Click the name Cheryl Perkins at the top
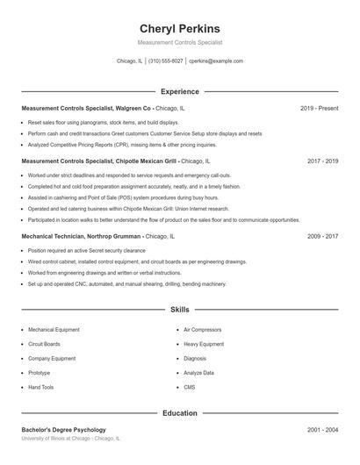point(180,28)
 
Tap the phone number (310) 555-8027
point(165,61)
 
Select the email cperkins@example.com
point(216,61)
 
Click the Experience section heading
point(180,91)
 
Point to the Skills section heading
point(180,310)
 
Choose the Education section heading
point(180,412)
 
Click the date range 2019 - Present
point(319,108)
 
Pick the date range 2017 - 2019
point(322,161)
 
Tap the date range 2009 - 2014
point(322,236)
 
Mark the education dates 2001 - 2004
point(322,430)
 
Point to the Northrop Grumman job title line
point(98,236)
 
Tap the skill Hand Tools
point(40,387)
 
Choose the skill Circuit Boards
point(44,344)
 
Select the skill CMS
point(190,387)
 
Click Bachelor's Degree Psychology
point(64,430)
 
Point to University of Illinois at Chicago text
point(70,438)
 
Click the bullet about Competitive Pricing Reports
point(122,145)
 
